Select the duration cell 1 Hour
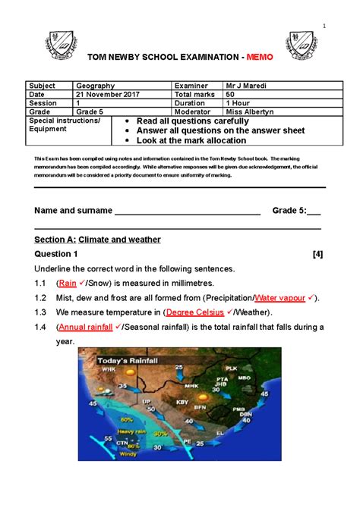(239, 103)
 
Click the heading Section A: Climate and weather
(98, 240)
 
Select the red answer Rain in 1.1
(68, 284)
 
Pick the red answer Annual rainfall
(84, 327)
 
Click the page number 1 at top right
(324, 28)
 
